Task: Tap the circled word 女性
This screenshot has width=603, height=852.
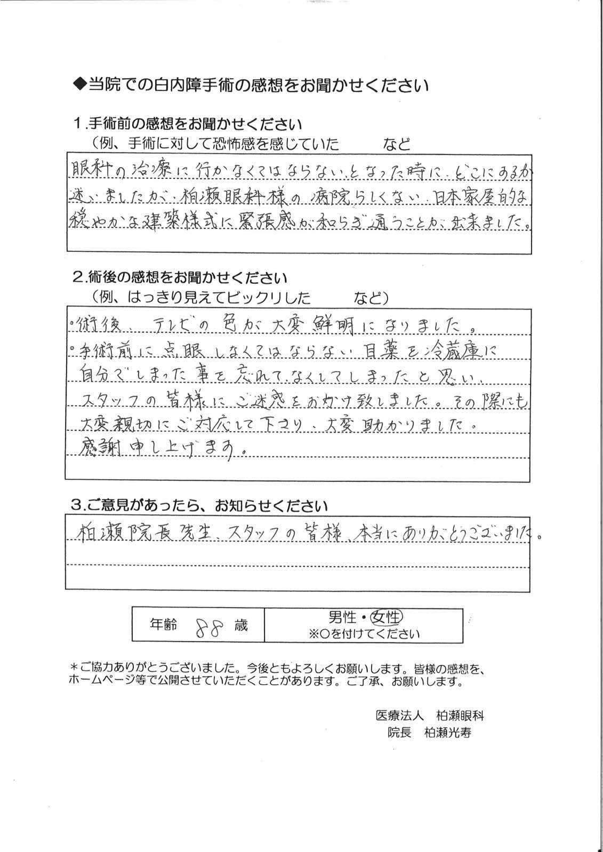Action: pyautogui.click(x=387, y=617)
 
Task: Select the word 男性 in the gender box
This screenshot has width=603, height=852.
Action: pyautogui.click(x=342, y=617)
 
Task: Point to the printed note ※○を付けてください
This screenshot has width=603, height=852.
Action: pyautogui.click(x=363, y=634)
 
